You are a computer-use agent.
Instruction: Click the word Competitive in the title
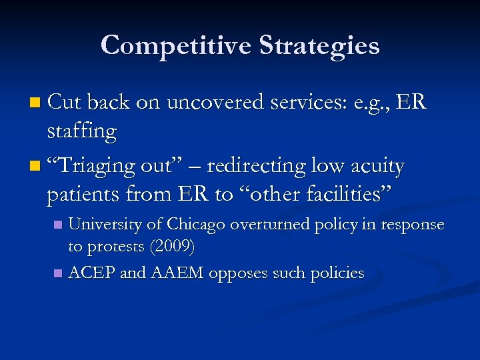[175, 46]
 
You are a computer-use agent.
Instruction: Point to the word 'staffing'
[82, 131]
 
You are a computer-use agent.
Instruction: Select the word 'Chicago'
[191, 225]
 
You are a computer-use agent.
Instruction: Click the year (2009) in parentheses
[172, 247]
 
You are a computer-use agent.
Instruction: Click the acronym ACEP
[91, 273]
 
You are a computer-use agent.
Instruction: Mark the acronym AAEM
[177, 273]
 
